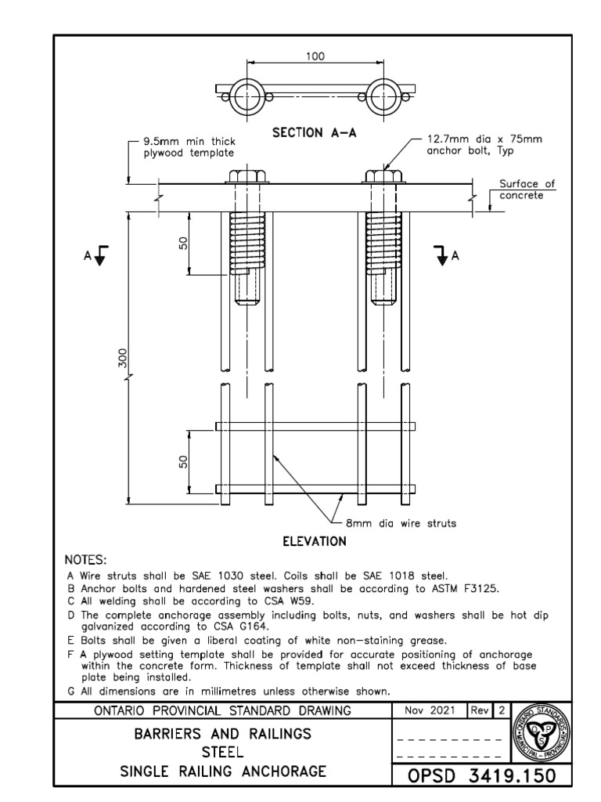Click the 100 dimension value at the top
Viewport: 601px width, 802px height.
coord(315,56)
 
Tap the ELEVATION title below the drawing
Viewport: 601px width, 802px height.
coord(314,540)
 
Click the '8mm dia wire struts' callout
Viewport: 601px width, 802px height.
coord(401,523)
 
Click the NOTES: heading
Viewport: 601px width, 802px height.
coord(85,560)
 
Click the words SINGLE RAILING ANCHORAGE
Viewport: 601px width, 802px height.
coord(222,771)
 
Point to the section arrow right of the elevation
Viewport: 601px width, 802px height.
coord(443,256)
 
